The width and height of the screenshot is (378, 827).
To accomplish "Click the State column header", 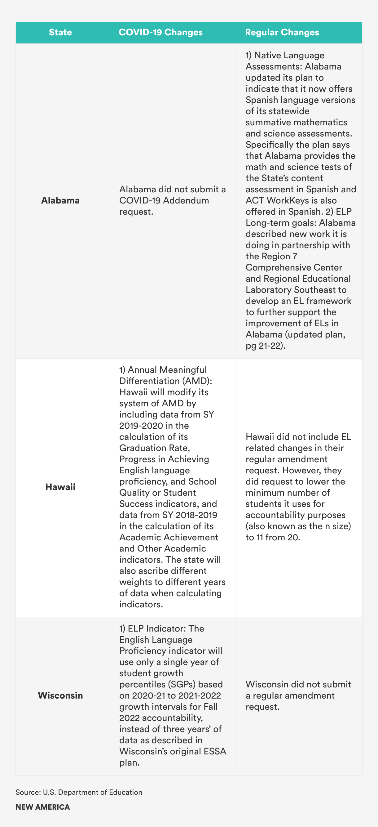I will [60, 33].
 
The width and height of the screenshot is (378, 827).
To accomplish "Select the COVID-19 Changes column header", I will [160, 33].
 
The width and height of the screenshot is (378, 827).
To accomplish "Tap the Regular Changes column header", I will [282, 33].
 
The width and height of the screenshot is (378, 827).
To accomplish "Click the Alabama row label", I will [60, 200].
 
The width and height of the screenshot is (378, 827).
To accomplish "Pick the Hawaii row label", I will [60, 487].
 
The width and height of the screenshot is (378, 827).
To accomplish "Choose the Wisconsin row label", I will [60, 695].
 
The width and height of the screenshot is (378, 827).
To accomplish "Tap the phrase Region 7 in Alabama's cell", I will [278, 257].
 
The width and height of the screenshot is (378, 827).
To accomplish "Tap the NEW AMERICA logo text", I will [43, 807].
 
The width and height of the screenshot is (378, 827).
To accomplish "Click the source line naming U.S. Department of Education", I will [79, 792].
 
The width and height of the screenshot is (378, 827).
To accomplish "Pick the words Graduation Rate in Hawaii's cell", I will [154, 448].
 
